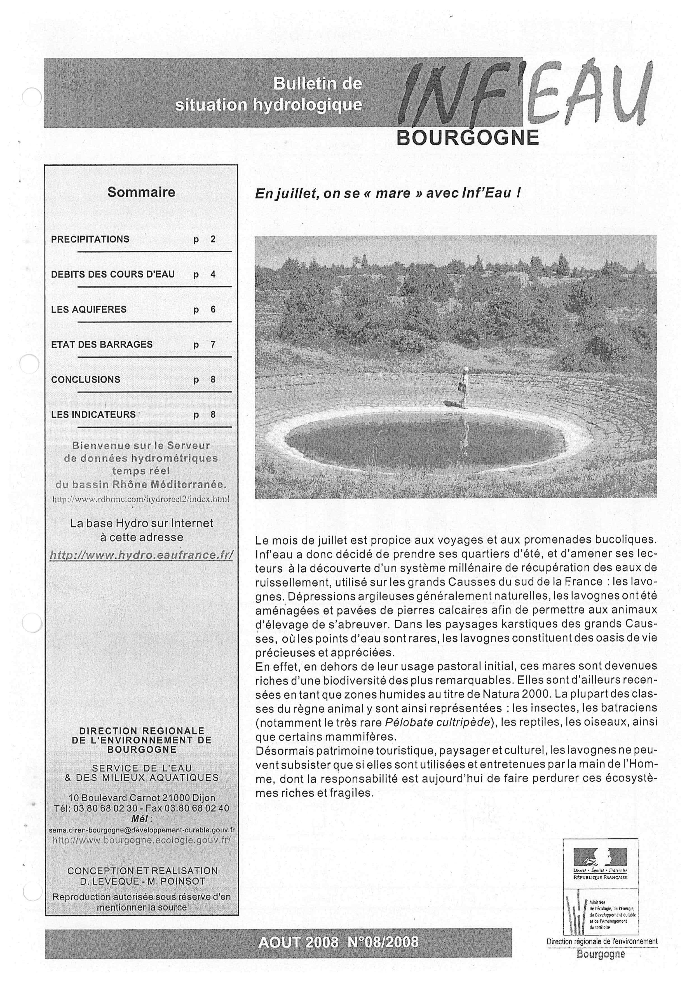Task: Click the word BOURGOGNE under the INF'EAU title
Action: click(468, 138)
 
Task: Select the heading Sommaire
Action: click(141, 192)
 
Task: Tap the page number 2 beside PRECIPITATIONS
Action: click(213, 239)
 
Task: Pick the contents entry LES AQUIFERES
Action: click(89, 309)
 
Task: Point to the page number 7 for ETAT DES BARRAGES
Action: click(213, 344)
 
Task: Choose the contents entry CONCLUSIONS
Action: click(85, 379)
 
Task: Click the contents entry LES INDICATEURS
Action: click(93, 414)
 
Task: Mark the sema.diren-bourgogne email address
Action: click(141, 830)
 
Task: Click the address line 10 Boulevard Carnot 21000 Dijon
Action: click(141, 798)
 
